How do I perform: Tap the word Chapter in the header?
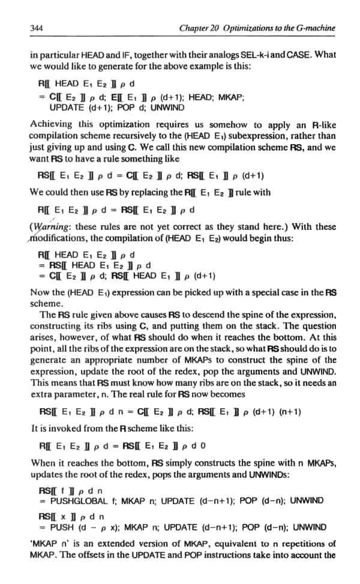coord(194,28)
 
